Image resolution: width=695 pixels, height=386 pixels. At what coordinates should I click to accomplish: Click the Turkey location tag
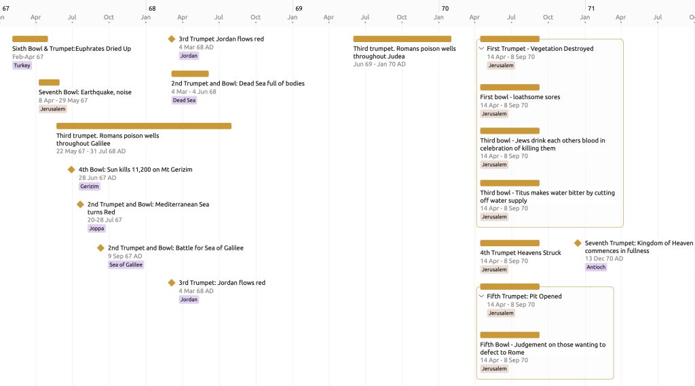(22, 65)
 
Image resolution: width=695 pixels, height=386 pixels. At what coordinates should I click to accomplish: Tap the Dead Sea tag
(185, 100)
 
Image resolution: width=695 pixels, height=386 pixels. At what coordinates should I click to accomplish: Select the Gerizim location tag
(90, 186)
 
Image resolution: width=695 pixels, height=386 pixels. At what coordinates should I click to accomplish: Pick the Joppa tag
(96, 228)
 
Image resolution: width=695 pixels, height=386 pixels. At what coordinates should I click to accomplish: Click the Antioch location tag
(596, 267)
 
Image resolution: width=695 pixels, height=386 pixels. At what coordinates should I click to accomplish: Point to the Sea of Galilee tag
(126, 265)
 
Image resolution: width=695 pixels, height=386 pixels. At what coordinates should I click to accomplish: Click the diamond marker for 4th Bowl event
(71, 170)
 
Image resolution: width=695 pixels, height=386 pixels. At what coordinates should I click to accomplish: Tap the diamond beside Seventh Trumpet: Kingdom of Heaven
(578, 243)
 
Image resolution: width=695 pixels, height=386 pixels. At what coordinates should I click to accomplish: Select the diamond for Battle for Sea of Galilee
(100, 248)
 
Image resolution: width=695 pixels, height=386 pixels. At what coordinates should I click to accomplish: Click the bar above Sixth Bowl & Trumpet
(30, 39)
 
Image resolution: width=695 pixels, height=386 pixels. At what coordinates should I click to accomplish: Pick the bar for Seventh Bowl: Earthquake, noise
(49, 83)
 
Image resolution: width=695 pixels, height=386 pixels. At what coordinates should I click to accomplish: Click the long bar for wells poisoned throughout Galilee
(144, 126)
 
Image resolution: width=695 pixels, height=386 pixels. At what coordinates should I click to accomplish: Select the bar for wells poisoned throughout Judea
(402, 39)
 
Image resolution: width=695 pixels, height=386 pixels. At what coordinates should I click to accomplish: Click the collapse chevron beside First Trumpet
(481, 48)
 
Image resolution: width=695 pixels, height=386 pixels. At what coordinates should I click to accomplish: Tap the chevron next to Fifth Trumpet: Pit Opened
(481, 296)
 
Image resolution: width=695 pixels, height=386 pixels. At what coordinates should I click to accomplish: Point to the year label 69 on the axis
(299, 8)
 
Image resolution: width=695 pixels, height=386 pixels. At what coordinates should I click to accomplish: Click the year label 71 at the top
(591, 8)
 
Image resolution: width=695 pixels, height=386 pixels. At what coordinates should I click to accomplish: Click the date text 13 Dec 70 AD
(603, 258)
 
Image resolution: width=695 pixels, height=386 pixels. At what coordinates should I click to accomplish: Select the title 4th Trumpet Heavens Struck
(521, 252)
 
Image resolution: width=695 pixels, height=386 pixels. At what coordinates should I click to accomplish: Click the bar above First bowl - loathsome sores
(510, 88)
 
